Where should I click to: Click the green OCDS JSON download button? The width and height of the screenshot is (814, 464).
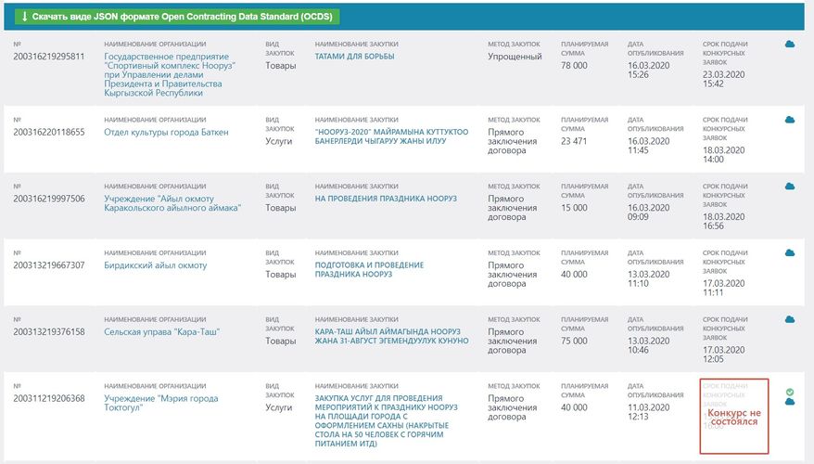coord(176,17)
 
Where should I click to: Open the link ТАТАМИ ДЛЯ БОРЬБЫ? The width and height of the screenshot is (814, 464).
coord(354,57)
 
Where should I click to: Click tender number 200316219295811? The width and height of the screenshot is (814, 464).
coord(48,57)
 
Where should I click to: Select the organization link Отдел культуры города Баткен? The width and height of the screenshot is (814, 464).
coord(166,133)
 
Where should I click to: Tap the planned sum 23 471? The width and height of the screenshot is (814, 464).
coord(575,141)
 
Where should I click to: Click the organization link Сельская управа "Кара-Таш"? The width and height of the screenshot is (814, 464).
coord(161,331)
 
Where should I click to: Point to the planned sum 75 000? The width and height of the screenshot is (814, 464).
coord(575,341)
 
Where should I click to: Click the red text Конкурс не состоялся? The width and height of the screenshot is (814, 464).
coord(733,417)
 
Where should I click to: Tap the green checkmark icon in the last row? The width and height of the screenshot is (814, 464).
coord(790,392)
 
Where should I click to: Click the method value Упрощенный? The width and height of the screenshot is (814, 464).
coord(515,57)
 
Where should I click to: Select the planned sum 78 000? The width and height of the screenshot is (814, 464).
coord(575,66)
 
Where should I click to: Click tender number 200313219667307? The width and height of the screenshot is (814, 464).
coord(48,265)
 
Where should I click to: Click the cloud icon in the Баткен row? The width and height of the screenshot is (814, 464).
coord(790,120)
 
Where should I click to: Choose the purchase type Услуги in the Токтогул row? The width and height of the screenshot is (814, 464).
coord(280,407)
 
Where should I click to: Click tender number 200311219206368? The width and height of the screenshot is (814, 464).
coord(48,398)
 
